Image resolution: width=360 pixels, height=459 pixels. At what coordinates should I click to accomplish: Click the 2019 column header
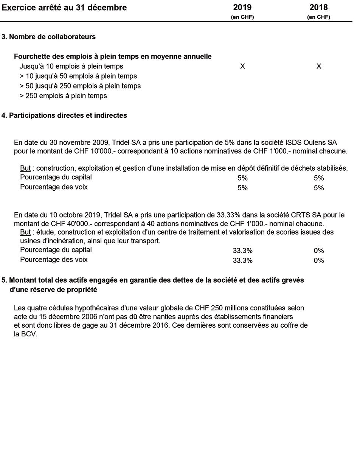pyautogui.click(x=242, y=8)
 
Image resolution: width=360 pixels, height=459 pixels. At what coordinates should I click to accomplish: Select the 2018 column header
pyautogui.click(x=319, y=8)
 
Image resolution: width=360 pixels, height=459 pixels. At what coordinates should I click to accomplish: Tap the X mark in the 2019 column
pyautogui.click(x=243, y=66)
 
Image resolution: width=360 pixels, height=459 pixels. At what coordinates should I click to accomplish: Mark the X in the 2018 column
pyautogui.click(x=319, y=66)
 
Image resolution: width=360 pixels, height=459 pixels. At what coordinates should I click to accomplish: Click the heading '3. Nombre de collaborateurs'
pyautogui.click(x=48, y=37)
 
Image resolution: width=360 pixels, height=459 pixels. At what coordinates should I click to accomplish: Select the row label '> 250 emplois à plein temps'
pyautogui.click(x=63, y=96)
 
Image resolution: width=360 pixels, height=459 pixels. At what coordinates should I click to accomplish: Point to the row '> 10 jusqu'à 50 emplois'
pyautogui.click(x=78, y=76)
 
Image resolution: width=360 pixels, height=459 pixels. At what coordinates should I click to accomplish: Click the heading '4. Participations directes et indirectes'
pyautogui.click(x=64, y=115)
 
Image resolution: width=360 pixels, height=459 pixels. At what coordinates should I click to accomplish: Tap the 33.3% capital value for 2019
pyautogui.click(x=243, y=251)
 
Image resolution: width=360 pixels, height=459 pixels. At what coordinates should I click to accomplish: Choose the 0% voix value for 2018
pyautogui.click(x=319, y=260)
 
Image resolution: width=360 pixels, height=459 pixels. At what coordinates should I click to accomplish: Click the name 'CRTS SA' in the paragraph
pyautogui.click(x=312, y=215)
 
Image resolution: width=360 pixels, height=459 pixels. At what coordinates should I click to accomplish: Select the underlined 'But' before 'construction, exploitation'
pyautogui.click(x=25, y=168)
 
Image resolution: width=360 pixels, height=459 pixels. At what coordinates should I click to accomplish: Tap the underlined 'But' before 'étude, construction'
pyautogui.click(x=25, y=232)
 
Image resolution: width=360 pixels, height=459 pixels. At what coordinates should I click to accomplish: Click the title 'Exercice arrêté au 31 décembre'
pyautogui.click(x=64, y=8)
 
